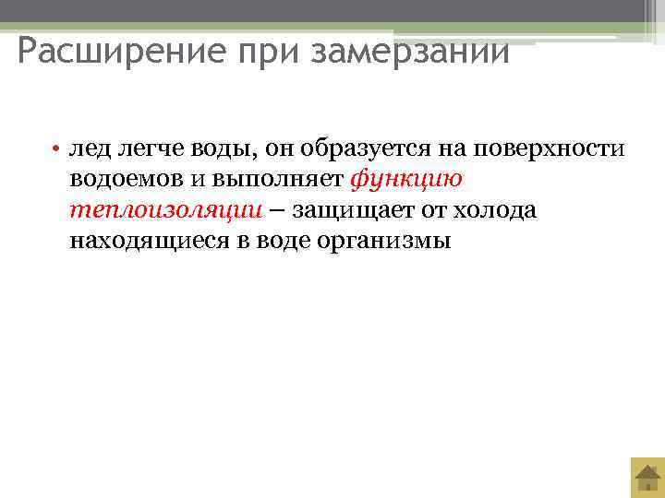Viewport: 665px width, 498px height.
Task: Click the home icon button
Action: click(647, 478)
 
